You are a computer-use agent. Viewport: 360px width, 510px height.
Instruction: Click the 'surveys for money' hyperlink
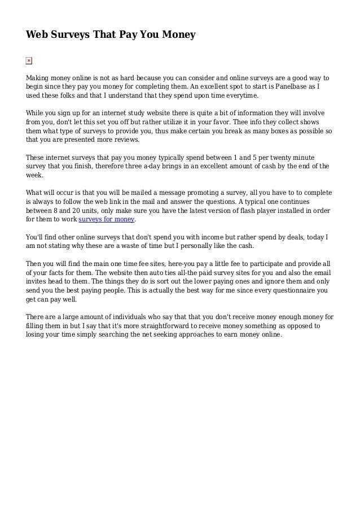click(x=107, y=220)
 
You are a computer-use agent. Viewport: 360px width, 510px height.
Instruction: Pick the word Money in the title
click(x=177, y=35)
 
